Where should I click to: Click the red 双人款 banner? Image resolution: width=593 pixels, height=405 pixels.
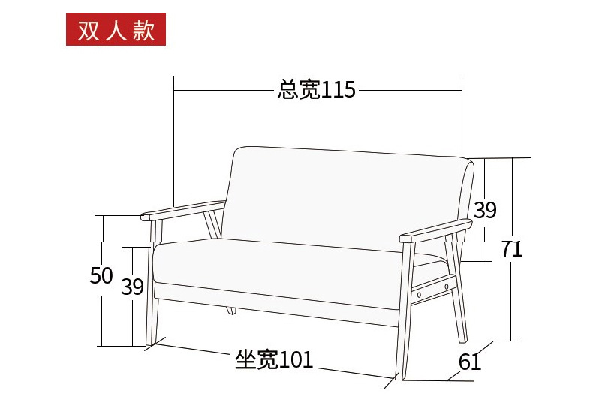pyautogui.click(x=116, y=29)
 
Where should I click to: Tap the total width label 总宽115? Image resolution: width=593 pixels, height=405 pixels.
pyautogui.click(x=317, y=89)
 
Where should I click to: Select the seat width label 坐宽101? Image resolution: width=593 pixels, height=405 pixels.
pyautogui.click(x=274, y=359)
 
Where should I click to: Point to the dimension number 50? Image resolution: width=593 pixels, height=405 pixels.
pyautogui.click(x=101, y=275)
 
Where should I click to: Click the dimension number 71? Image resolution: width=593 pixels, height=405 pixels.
pyautogui.click(x=512, y=248)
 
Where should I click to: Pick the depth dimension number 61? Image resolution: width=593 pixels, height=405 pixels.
pyautogui.click(x=470, y=361)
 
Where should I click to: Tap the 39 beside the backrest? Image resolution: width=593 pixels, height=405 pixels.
pyautogui.click(x=485, y=210)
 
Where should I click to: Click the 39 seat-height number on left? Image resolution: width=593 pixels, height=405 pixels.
pyautogui.click(x=132, y=286)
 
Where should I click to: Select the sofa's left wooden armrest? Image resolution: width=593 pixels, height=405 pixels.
pyautogui.click(x=183, y=210)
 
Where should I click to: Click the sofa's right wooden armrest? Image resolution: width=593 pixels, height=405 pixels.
pyautogui.click(x=435, y=230)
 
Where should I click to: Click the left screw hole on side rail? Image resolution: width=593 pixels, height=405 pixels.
pyautogui.click(x=419, y=295)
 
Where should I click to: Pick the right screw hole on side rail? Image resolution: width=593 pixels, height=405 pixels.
pyautogui.click(x=447, y=286)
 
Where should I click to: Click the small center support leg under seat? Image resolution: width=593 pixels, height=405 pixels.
pyautogui.click(x=231, y=310)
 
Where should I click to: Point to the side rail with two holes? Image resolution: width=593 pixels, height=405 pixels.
pyautogui.click(x=434, y=289)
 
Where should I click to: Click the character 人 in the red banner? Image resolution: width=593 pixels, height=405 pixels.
pyautogui.click(x=116, y=30)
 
